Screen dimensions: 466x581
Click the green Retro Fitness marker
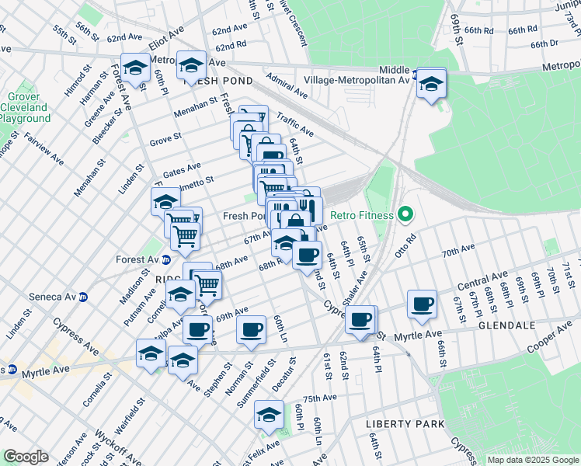click(x=404, y=215)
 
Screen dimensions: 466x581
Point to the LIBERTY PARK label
click(x=405, y=424)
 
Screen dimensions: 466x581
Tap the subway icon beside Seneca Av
click(x=84, y=297)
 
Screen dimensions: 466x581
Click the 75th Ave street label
click(x=319, y=398)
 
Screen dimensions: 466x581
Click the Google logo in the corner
click(x=26, y=457)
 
